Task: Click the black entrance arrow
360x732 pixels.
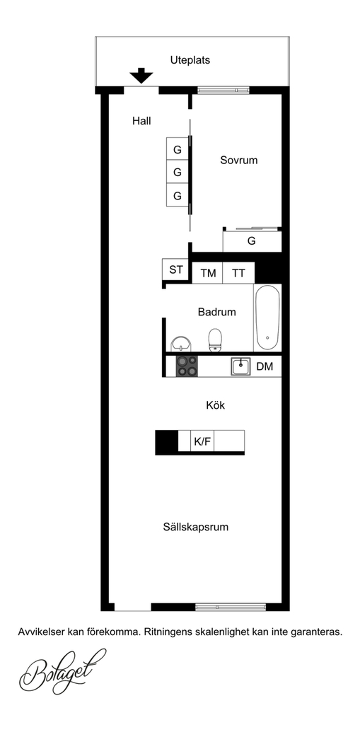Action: [x=141, y=76]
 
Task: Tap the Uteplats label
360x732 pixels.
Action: [x=190, y=60]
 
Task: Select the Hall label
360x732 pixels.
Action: [x=141, y=121]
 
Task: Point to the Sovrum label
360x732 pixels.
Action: [x=239, y=160]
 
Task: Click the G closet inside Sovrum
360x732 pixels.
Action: [x=252, y=241]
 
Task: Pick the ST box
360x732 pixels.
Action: [x=175, y=269]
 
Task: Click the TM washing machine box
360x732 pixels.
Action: [x=208, y=273]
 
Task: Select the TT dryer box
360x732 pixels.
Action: [x=238, y=273]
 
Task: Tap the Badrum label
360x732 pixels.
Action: [x=216, y=312]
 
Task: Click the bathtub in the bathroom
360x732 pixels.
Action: [x=267, y=318]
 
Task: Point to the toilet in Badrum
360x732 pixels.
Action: [x=215, y=339]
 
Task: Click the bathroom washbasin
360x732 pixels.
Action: [x=180, y=344]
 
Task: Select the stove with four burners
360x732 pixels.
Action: [x=187, y=366]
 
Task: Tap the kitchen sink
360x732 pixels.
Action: [x=240, y=366]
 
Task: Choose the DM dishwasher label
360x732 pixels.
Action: [x=265, y=366]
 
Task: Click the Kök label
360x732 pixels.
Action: [x=215, y=405]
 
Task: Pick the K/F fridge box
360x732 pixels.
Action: [x=202, y=441]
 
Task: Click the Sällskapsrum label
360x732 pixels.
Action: [x=196, y=527]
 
